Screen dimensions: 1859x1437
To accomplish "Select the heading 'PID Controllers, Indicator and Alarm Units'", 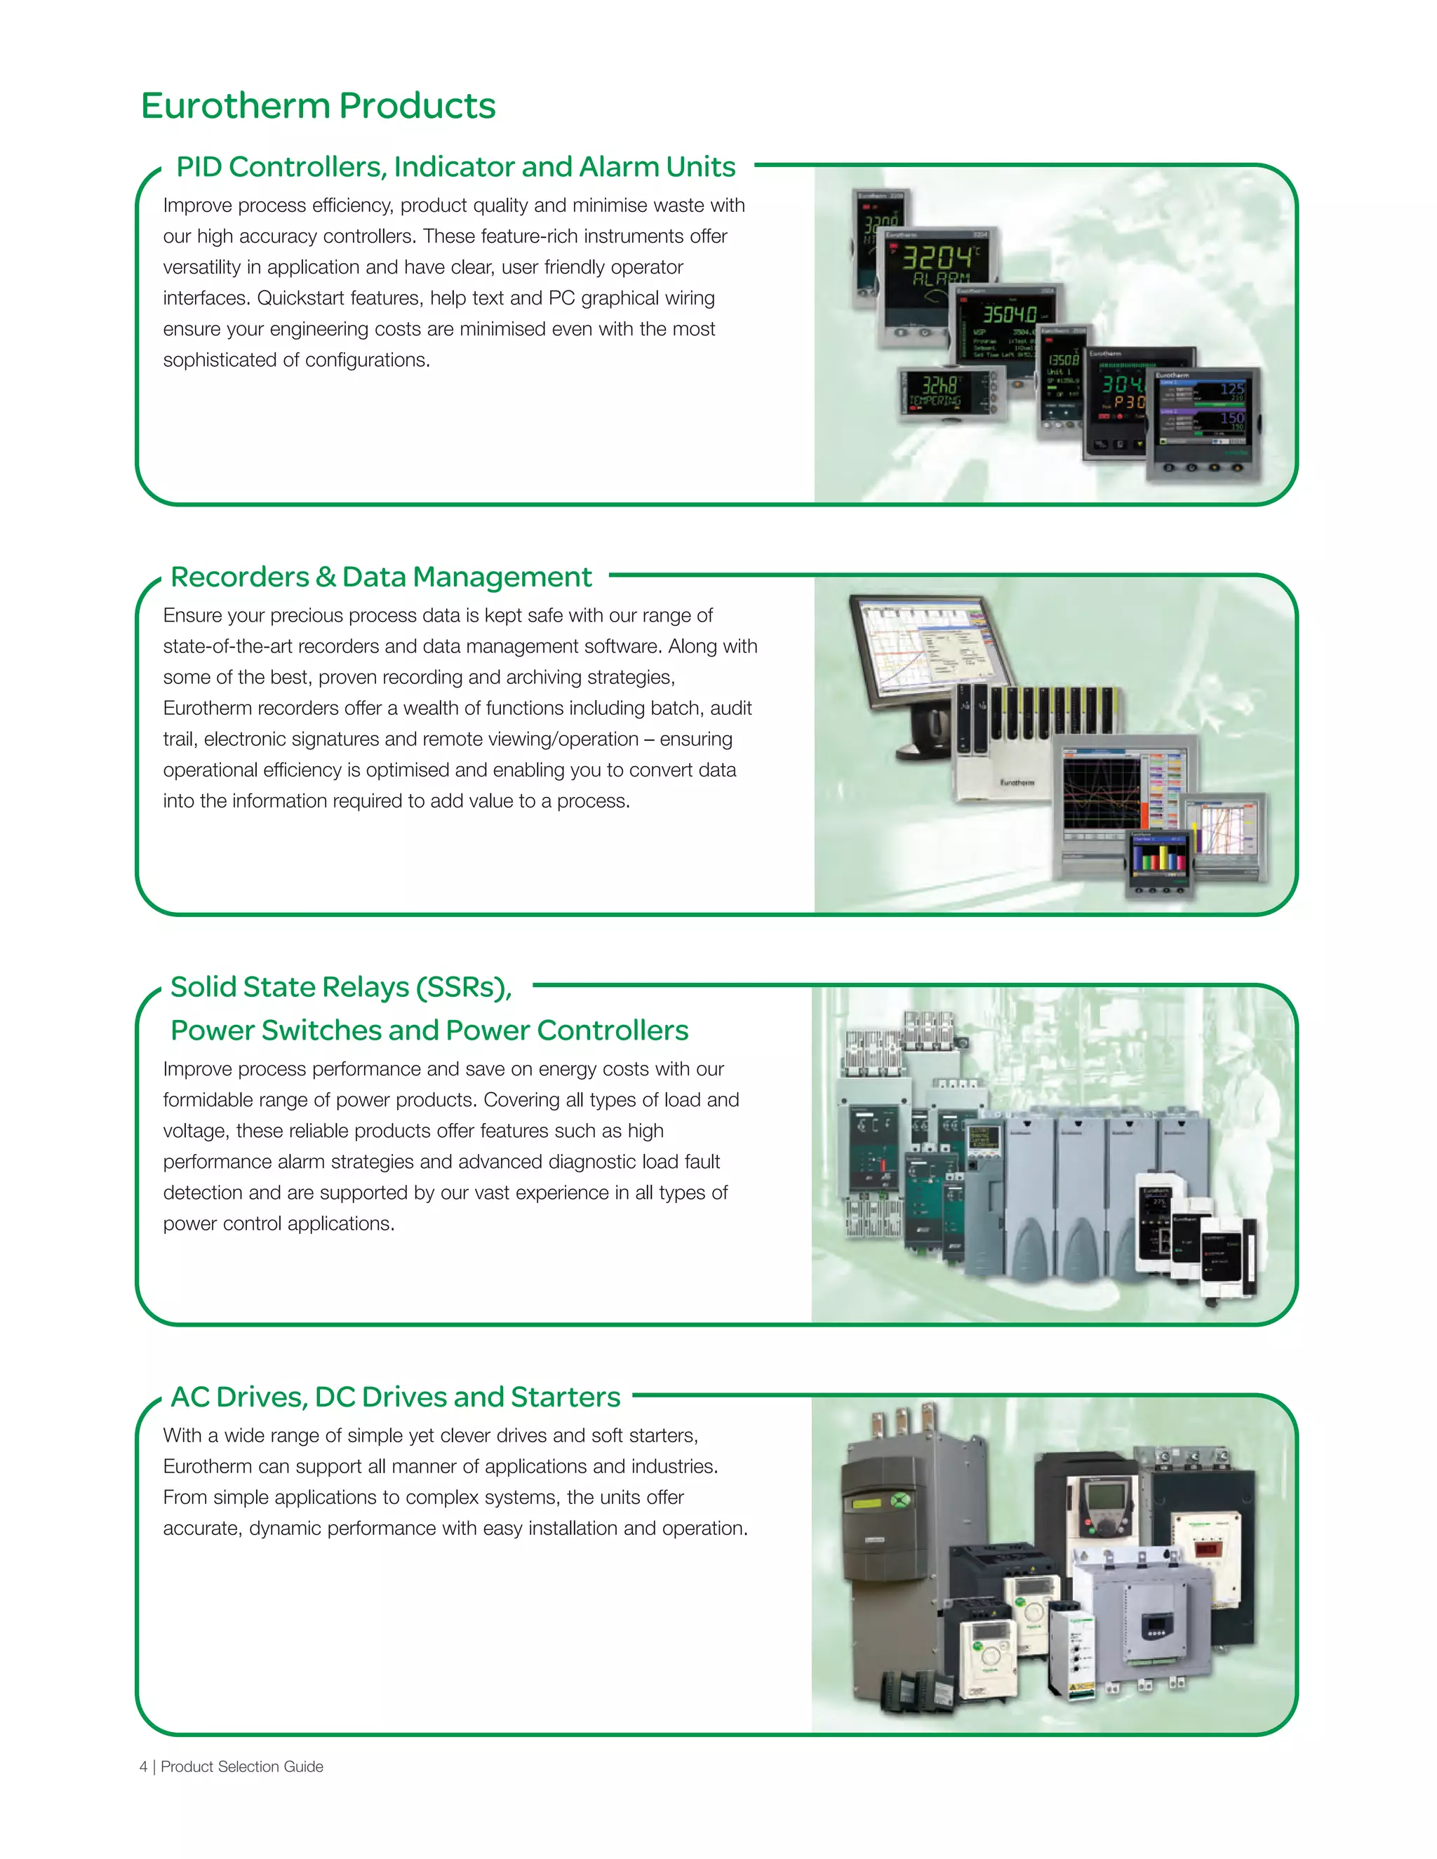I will pos(455,167).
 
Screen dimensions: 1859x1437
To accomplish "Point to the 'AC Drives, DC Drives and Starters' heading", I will pos(395,1397).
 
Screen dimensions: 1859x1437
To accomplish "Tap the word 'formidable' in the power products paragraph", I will pos(204,1100).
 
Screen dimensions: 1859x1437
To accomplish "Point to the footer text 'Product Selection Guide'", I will pos(242,1767).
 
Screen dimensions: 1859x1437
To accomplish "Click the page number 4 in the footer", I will pos(143,1767).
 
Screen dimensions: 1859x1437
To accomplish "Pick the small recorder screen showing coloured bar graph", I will pos(1158,855).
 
